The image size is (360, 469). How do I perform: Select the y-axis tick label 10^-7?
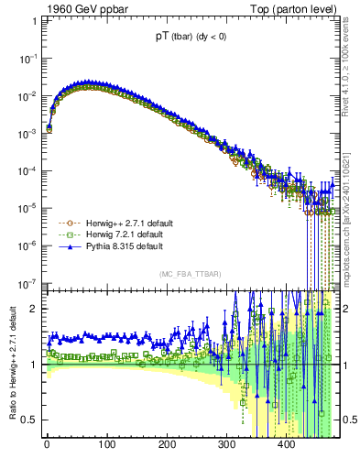pyautogui.click(x=26, y=283)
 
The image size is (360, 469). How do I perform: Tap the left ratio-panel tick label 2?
pyautogui.click(x=34, y=309)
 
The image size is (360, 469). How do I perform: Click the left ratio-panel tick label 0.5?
pyautogui.click(x=29, y=420)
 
